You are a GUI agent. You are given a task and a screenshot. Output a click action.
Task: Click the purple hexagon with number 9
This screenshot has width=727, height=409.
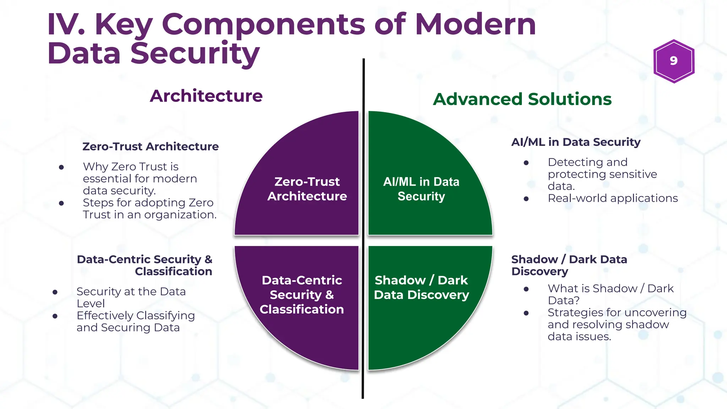(673, 61)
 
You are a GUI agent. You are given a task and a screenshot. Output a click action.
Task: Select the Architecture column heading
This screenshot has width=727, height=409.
(206, 96)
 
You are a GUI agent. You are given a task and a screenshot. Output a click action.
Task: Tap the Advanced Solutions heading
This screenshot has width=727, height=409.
(522, 99)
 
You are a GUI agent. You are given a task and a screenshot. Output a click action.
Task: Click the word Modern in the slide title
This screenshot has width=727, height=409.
(475, 24)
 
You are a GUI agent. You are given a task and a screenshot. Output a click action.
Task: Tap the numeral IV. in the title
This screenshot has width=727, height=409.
(66, 24)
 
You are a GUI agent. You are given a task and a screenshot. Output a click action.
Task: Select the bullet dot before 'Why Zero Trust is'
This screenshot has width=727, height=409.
(61, 167)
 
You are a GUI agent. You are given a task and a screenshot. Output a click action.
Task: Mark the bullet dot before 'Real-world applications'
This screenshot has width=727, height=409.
(526, 199)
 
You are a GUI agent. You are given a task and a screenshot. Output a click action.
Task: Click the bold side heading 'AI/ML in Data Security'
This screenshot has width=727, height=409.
(576, 142)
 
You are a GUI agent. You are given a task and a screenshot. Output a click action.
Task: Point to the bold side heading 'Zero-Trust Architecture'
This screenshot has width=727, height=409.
(151, 147)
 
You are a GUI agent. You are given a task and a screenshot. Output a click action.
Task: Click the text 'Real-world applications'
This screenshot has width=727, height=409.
(613, 198)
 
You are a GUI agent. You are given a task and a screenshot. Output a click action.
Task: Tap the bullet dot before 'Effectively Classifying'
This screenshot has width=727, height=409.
(55, 316)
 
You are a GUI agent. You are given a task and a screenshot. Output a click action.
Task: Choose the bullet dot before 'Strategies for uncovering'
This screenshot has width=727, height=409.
(526, 313)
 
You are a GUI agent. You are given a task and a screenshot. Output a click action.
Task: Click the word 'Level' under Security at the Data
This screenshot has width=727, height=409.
(91, 304)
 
